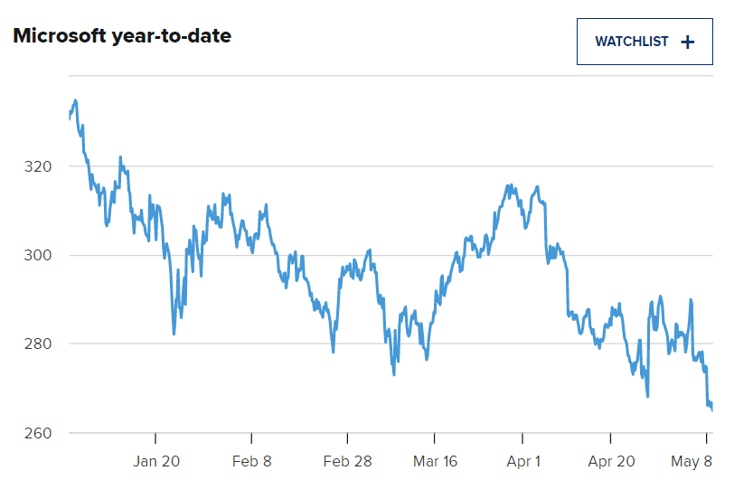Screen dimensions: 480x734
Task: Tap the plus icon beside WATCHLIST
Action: (x=688, y=42)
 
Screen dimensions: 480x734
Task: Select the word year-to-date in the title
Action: (x=184, y=36)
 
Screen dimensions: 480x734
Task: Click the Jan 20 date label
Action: (x=156, y=461)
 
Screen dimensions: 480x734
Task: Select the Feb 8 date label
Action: (x=252, y=461)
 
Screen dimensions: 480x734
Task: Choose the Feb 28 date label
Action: (x=348, y=461)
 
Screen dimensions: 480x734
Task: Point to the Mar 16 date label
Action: (x=434, y=461)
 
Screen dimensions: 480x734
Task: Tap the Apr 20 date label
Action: (x=612, y=461)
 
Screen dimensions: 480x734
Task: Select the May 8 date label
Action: (x=692, y=461)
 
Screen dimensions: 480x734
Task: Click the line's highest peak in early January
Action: (x=75, y=100)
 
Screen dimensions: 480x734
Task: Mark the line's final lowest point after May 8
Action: (x=712, y=409)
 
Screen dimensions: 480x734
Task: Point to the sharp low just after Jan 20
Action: (x=174, y=334)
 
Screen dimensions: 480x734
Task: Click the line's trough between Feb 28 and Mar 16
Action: (x=394, y=374)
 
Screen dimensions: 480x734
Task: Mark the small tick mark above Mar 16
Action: (x=434, y=438)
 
